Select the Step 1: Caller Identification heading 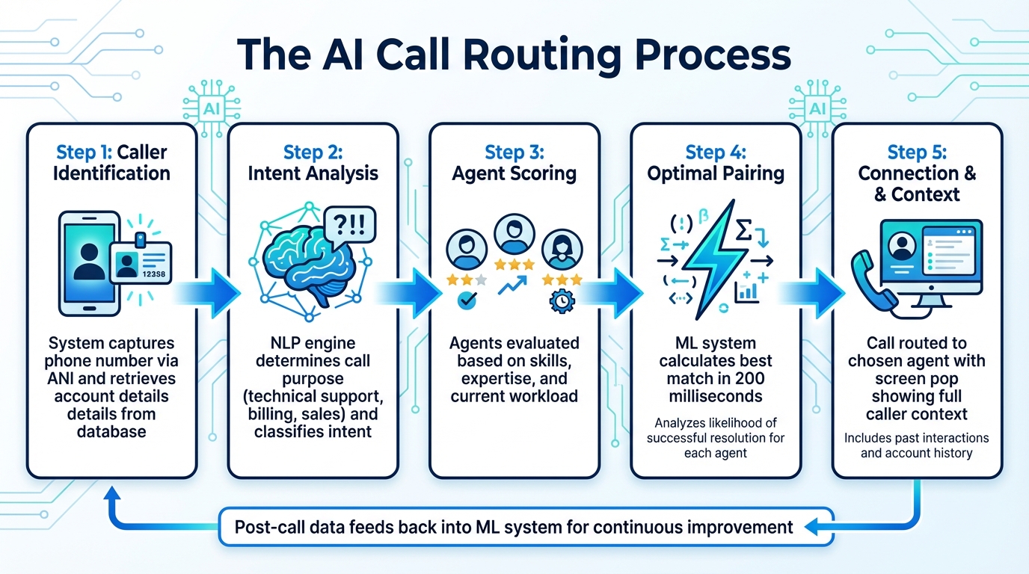coord(112,163)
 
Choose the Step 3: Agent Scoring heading coord(514,163)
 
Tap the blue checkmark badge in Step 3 coord(467,300)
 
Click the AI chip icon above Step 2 coord(209,110)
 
